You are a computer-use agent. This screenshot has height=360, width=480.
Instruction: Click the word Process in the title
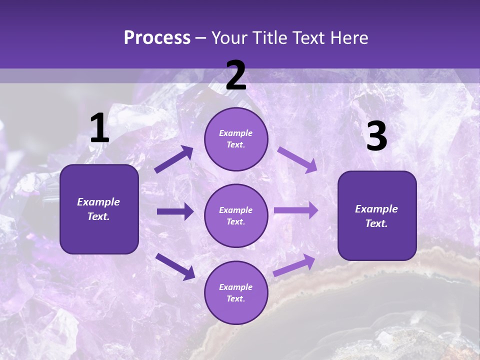(x=157, y=38)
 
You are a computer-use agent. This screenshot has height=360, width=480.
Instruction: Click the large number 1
(x=99, y=129)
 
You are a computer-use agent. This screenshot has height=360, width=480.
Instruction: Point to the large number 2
(x=236, y=75)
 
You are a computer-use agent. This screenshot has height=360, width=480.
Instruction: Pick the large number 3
(x=376, y=136)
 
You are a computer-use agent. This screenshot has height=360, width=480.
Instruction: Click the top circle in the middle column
(x=236, y=139)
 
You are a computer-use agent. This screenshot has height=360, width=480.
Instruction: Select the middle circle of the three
(x=236, y=215)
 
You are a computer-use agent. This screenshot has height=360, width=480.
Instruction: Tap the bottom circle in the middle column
(x=236, y=292)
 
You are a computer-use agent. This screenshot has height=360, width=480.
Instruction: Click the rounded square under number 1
(x=99, y=209)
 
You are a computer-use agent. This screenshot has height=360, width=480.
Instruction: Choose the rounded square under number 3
(x=377, y=215)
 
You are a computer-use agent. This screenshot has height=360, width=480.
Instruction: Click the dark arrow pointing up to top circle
(x=174, y=159)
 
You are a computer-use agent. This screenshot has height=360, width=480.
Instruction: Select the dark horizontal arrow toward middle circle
(x=175, y=211)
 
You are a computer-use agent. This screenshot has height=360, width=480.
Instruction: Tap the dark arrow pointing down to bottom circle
(x=175, y=266)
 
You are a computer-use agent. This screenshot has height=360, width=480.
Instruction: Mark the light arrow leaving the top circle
(x=297, y=159)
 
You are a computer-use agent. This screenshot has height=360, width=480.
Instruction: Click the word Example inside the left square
(x=98, y=202)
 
